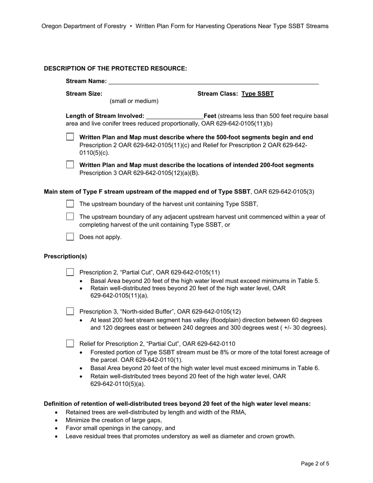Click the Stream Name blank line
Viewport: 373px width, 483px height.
213,81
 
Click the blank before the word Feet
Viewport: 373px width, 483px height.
174,116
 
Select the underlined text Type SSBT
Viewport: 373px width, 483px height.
258,94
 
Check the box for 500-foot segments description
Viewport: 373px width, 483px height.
70,137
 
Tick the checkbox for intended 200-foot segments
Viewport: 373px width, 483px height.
70,165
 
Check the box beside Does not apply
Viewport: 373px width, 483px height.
70,237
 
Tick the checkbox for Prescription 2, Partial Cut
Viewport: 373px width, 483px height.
70,272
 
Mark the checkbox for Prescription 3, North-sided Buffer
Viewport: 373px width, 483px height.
70,311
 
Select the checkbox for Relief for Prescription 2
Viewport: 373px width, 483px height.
70,344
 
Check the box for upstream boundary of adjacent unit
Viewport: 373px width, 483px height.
70,217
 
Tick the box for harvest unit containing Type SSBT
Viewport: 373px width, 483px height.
70,204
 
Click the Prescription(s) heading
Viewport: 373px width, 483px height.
65,256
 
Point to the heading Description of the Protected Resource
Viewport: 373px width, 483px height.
115,68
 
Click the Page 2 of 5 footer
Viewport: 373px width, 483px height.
315,464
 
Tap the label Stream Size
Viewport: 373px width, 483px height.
84,94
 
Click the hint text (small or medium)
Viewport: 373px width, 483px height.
134,101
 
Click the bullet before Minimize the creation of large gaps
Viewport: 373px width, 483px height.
57,421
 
